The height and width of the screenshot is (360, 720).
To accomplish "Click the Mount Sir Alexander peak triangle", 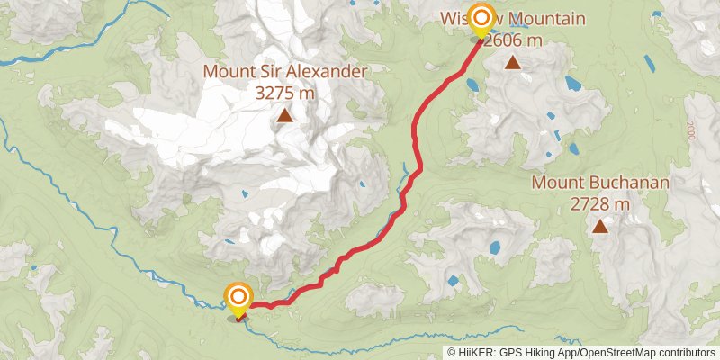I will point(284,115).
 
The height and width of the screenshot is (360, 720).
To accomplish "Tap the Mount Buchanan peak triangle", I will point(599,228).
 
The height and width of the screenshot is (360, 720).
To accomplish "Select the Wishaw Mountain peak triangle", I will point(512,62).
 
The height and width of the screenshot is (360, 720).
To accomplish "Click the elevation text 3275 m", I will point(284,92).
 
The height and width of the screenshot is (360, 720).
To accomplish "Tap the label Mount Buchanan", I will point(599,184).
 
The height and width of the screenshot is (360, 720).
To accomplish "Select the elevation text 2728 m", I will point(599,204).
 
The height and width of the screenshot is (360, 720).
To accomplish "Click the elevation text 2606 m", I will point(514,40).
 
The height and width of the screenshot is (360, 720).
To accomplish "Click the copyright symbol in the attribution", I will point(452,353).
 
